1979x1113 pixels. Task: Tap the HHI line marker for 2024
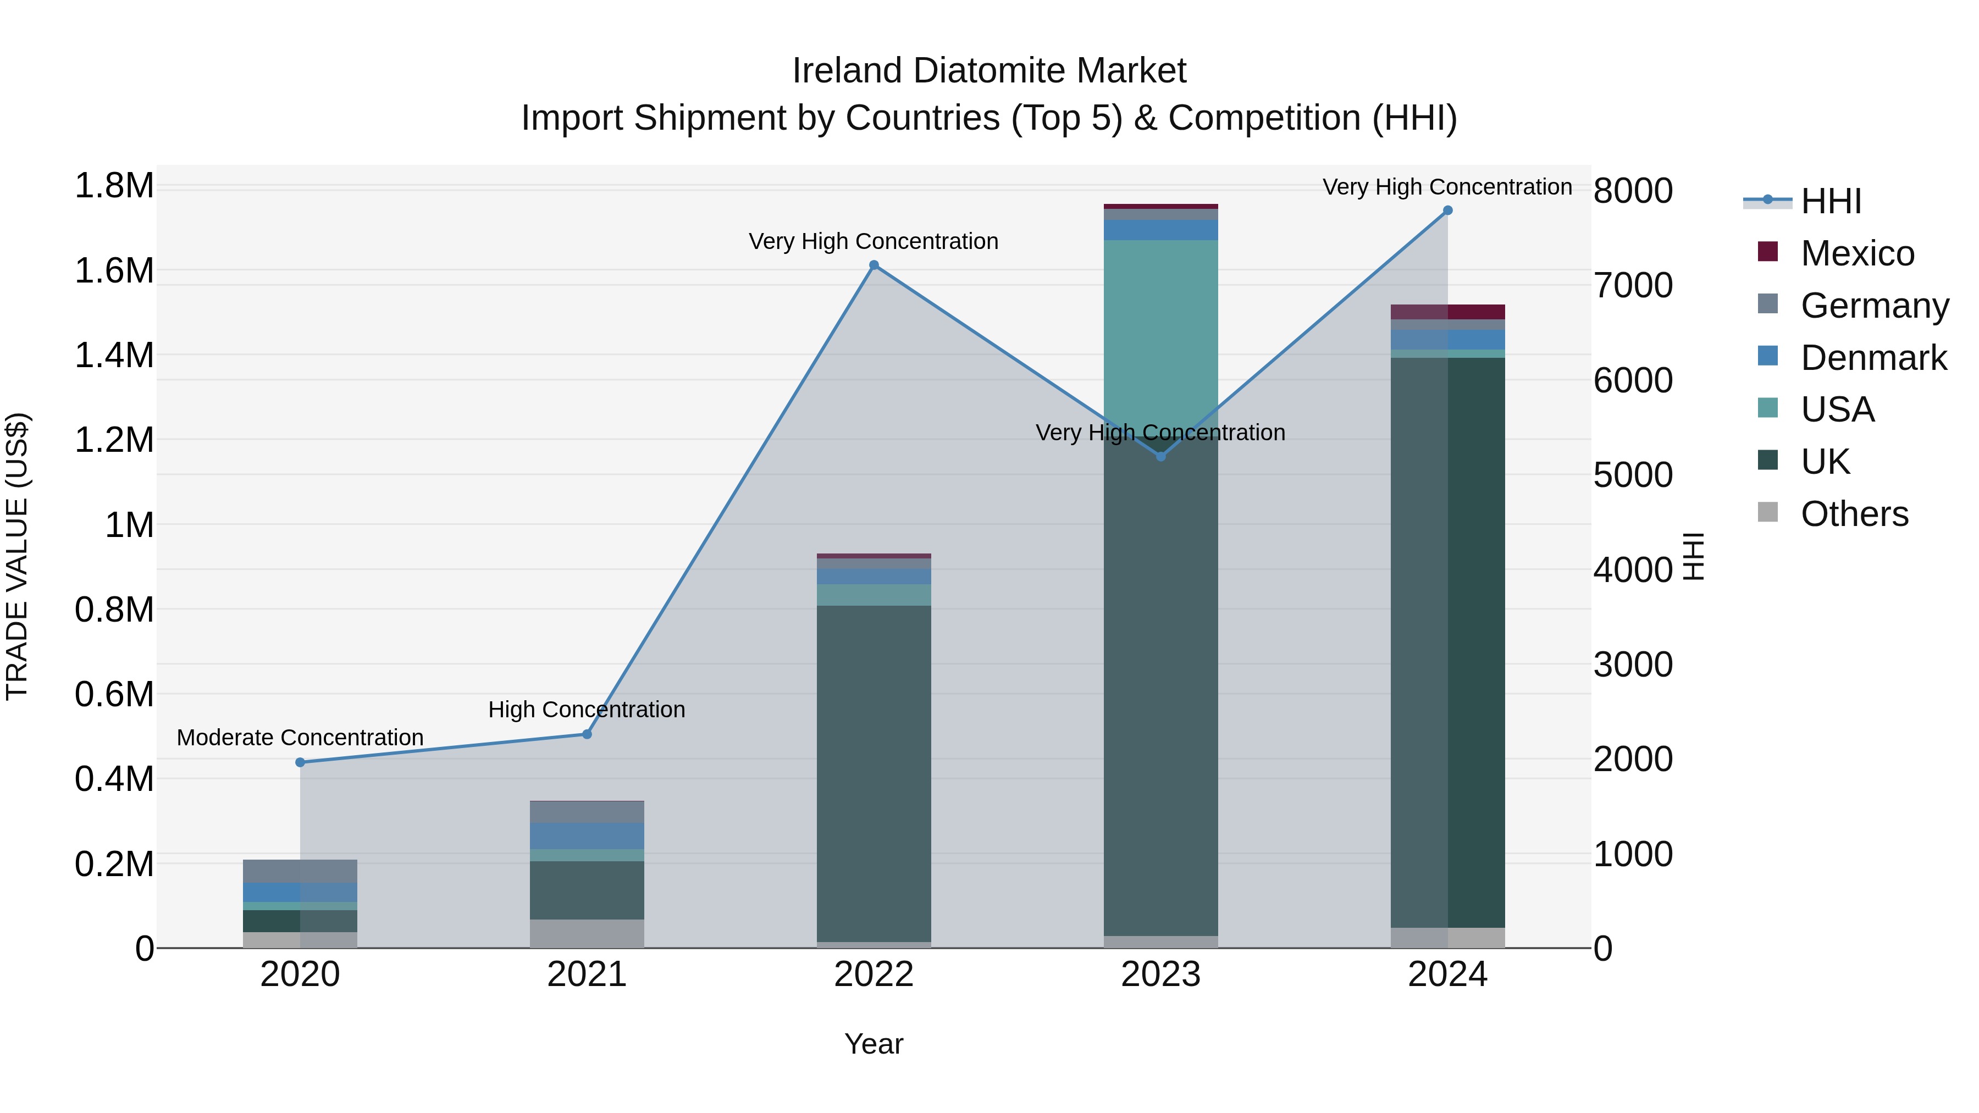1447,211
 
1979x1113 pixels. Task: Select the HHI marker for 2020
300,762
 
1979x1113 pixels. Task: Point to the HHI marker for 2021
587,734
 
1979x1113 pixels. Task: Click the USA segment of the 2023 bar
1161,330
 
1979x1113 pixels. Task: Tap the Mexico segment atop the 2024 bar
1447,312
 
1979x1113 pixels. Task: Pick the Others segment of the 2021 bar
587,933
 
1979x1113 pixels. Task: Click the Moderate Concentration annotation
300,738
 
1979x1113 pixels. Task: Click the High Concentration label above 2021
587,710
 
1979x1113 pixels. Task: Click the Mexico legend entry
1857,253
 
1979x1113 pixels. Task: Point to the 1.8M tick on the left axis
114,186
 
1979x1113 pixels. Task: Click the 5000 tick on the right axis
1633,475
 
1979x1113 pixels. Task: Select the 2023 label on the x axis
1161,974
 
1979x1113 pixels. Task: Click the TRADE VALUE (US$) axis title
17,556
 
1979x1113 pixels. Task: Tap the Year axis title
874,1044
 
